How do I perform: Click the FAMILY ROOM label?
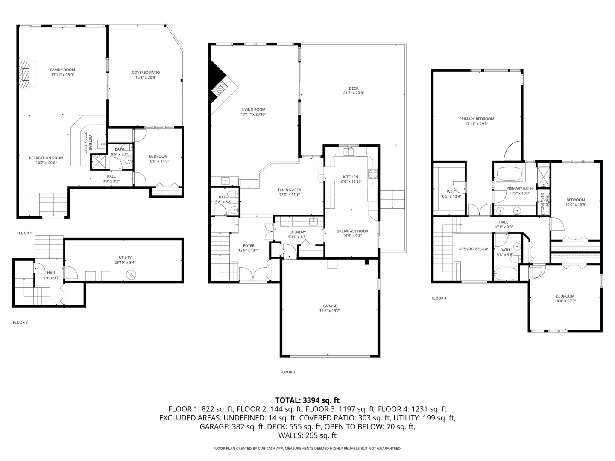coord(62,70)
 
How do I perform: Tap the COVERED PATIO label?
coord(146,73)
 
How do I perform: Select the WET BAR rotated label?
coord(91,143)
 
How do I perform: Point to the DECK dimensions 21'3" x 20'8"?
coord(354,93)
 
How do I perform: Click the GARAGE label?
coord(330,306)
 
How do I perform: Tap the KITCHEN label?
coord(351,177)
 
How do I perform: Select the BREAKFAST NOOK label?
coord(352,231)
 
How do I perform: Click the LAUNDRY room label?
coord(298,232)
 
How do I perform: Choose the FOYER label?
coord(249,246)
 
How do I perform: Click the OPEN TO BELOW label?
coord(473,249)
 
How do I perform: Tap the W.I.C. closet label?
coord(452,192)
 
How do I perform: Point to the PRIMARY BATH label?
coord(519,188)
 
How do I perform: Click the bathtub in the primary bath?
coord(510,173)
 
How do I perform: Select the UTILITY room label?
coord(125,257)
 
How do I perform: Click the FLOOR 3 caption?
coord(288,372)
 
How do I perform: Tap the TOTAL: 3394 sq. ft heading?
coord(307,400)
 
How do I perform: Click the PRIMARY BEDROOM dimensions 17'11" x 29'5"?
coord(477,124)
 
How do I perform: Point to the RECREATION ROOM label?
coord(46,158)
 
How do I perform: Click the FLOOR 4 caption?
coord(439,298)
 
